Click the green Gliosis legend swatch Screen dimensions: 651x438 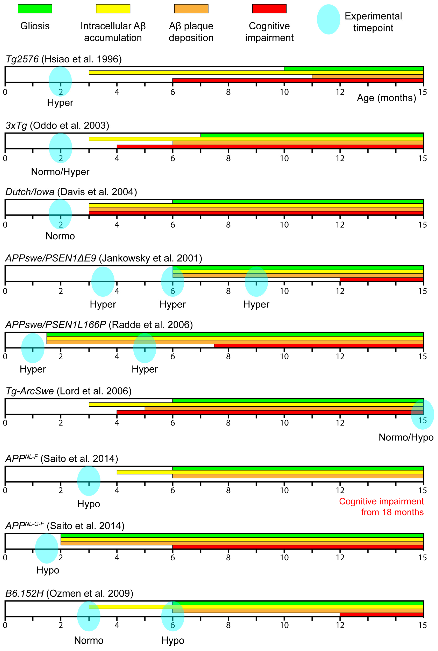coord(35,9)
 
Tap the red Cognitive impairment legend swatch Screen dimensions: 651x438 coord(269,9)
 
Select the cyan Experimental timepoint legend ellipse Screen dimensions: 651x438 coord(328,19)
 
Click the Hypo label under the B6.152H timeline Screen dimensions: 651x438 coord(173,640)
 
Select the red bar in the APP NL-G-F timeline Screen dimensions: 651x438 coord(298,547)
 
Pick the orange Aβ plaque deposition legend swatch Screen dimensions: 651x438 coord(191,9)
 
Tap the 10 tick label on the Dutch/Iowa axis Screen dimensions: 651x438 coord(284,225)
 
